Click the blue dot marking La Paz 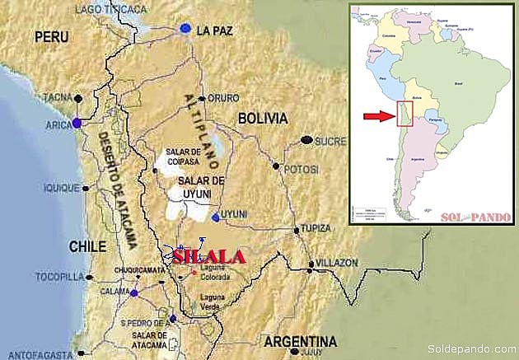[185, 29]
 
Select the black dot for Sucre [307, 140]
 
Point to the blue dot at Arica [77, 123]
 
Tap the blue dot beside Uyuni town [216, 217]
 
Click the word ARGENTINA [301, 341]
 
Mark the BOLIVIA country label [262, 118]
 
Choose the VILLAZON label [336, 263]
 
